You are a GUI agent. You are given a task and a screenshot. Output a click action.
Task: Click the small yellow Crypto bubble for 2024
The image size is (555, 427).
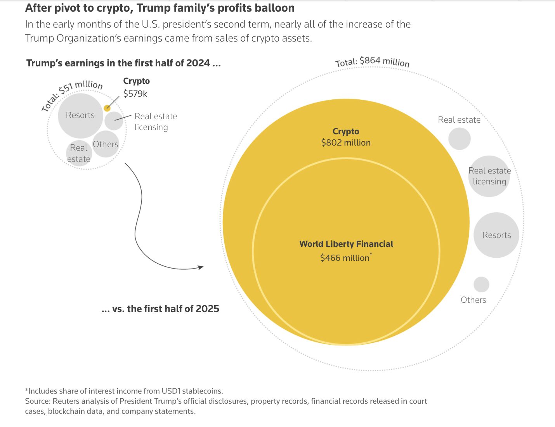(107, 108)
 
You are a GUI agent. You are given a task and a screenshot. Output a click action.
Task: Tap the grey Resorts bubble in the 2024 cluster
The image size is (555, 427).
(80, 115)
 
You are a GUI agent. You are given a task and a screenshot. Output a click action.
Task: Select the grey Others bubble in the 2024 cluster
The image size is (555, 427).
(106, 144)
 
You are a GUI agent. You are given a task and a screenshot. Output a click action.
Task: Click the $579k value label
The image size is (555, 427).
(135, 94)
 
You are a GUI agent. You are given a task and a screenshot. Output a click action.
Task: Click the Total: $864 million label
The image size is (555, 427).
(372, 62)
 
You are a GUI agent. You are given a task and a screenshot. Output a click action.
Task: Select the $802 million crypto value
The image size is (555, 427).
(346, 142)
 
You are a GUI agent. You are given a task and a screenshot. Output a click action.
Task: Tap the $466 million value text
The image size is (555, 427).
(345, 258)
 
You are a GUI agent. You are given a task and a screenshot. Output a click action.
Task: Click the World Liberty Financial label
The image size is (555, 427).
(346, 244)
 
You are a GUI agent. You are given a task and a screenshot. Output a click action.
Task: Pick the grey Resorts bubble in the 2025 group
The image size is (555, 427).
(496, 235)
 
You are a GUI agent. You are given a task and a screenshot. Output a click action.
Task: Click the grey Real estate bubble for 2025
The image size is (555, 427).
(459, 139)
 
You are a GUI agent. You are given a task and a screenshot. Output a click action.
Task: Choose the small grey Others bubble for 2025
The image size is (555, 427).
(481, 285)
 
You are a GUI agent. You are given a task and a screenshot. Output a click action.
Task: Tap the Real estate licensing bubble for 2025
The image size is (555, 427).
(489, 176)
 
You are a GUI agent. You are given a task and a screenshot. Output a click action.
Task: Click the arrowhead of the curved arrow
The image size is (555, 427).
(201, 267)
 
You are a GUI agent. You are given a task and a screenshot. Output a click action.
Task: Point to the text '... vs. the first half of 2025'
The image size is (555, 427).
(160, 309)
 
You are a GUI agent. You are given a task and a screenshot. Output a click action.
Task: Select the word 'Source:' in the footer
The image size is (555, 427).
(38, 401)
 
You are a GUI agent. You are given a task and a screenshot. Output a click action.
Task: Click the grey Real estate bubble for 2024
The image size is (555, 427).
(79, 153)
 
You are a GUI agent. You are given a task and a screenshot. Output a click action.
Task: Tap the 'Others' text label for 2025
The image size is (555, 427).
(473, 300)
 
